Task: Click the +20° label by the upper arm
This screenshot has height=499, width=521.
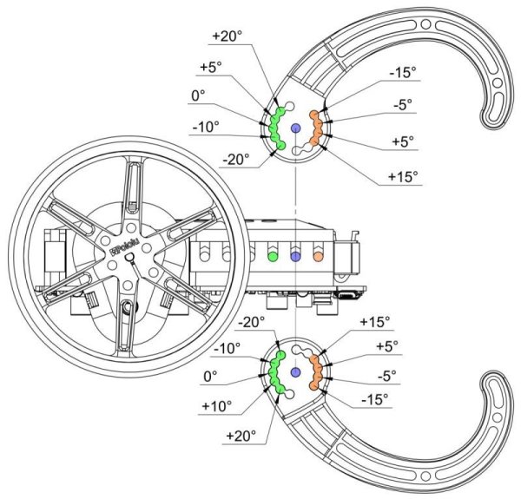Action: tap(227, 36)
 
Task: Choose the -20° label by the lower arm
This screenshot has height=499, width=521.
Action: tap(253, 322)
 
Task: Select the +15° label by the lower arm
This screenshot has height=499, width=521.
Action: tap(375, 322)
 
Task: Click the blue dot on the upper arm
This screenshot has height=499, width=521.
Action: tap(295, 128)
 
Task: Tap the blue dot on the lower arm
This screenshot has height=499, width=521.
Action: tap(295, 372)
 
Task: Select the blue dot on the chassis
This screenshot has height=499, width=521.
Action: tap(295, 258)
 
